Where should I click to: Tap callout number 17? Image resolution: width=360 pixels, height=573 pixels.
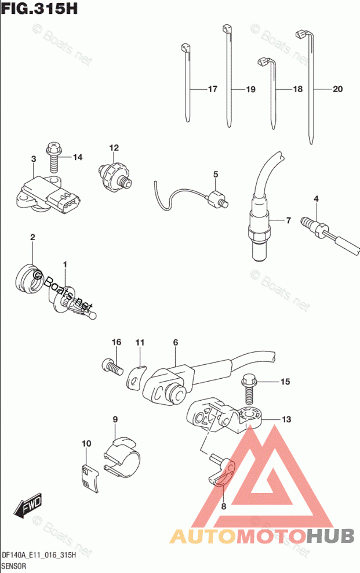212,89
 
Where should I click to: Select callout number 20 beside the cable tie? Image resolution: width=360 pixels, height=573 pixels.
338,89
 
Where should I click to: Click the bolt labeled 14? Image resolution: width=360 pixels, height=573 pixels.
53,157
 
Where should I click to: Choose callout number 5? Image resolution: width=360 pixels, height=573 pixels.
215,174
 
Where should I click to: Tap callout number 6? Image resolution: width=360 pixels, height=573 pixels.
175,342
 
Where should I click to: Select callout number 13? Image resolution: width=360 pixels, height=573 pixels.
286,419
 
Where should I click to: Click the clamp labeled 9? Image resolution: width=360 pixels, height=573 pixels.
123,458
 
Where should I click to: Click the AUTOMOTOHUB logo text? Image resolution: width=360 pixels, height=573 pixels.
261,536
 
